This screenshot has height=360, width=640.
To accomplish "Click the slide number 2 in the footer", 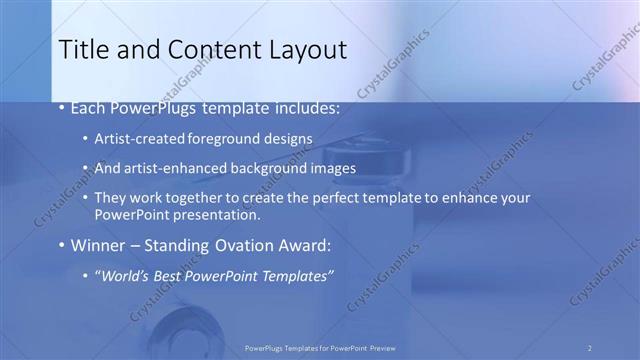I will click(x=589, y=348).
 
